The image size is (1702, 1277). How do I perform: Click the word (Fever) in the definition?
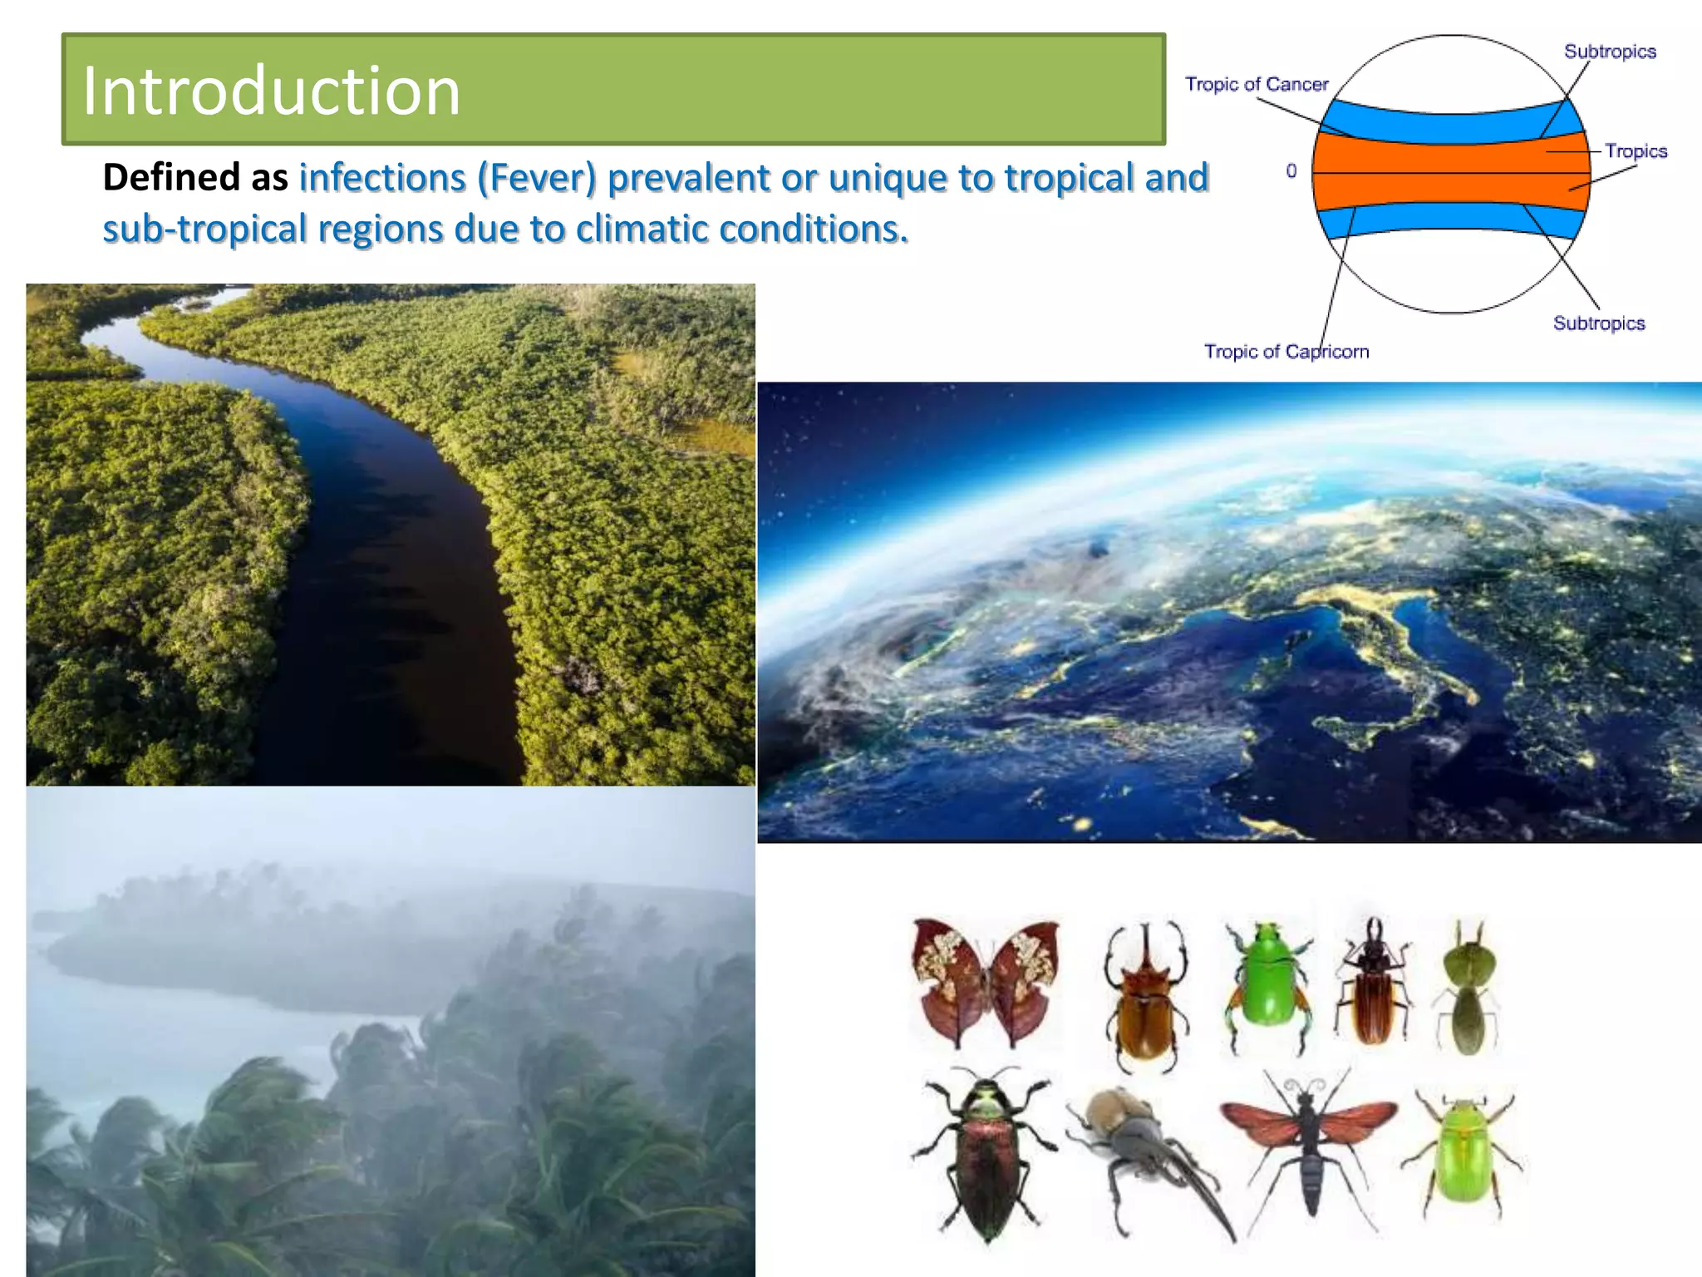point(536,178)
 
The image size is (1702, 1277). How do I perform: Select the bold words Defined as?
point(194,178)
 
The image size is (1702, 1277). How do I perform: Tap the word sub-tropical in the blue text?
point(204,229)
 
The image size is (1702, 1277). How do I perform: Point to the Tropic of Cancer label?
point(1256,84)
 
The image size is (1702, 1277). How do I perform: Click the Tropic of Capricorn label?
point(1286,352)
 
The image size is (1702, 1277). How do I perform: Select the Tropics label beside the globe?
point(1635,151)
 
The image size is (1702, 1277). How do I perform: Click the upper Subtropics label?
point(1609,52)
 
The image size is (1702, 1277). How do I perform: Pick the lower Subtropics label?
point(1598,323)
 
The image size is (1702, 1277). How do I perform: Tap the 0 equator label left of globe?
point(1291,171)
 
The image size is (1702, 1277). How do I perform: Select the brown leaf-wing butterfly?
point(986,981)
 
